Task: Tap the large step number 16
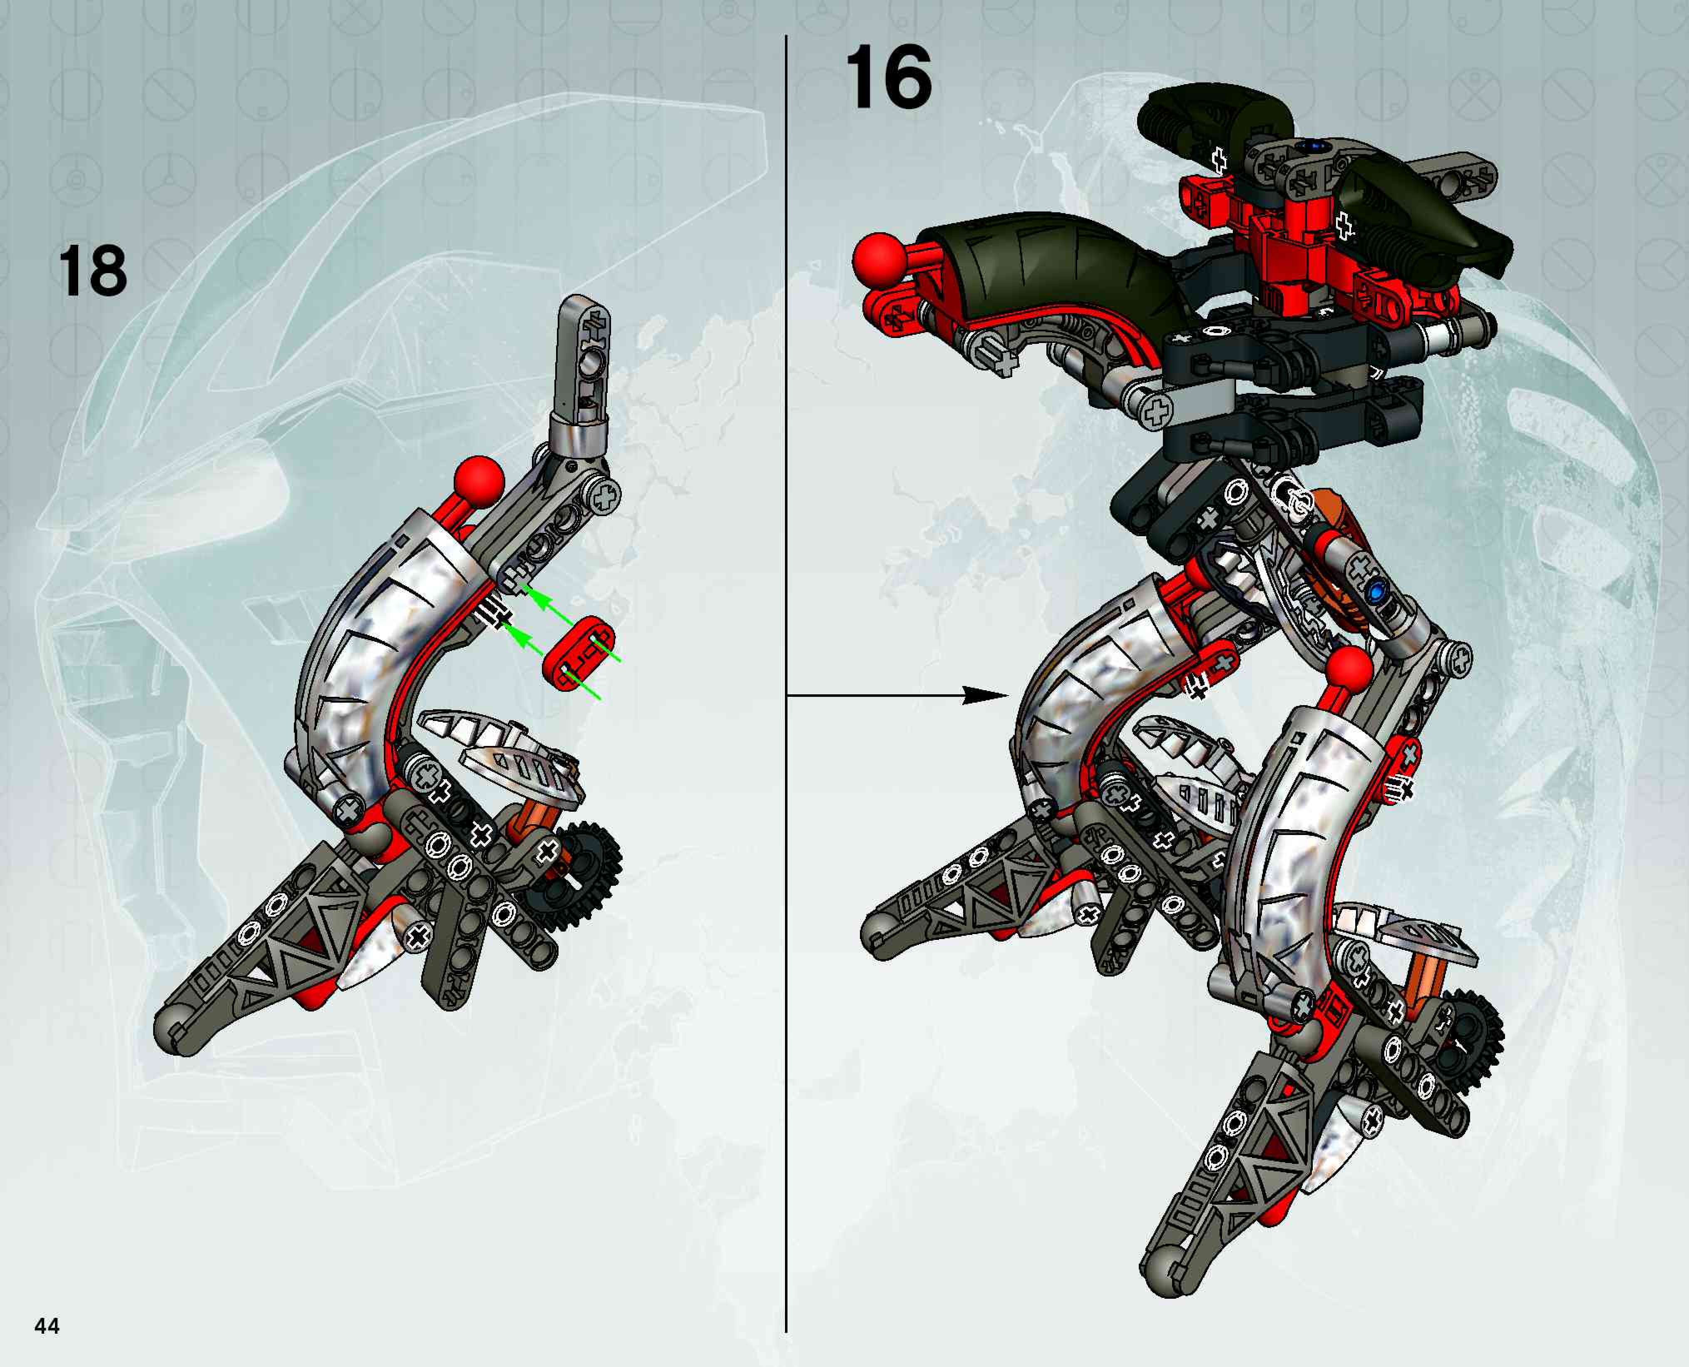click(x=888, y=79)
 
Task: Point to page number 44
click(x=47, y=1326)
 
